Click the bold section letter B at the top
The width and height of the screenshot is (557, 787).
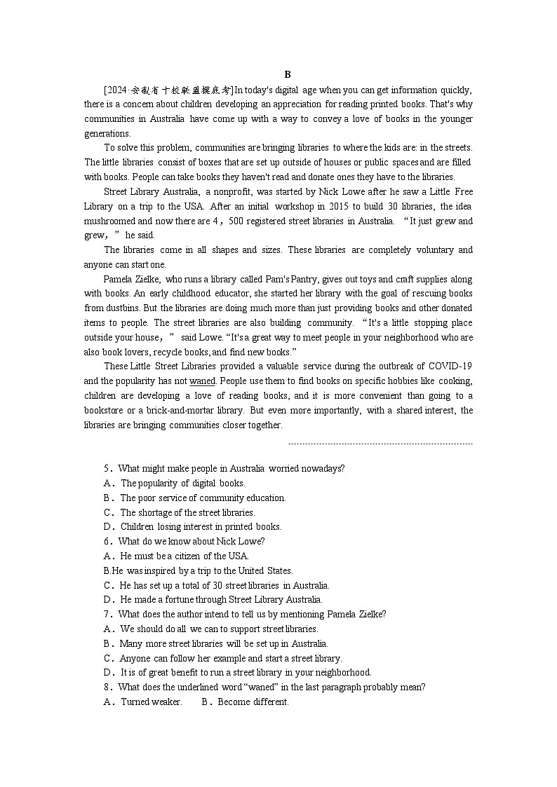tap(288, 74)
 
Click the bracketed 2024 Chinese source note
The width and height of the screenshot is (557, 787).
tap(168, 90)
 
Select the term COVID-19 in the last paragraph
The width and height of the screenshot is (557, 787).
tap(450, 367)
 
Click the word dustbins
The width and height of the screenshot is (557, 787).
tap(123, 308)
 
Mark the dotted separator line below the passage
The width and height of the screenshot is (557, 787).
tap(380, 444)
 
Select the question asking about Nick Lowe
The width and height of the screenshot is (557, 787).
tap(191, 541)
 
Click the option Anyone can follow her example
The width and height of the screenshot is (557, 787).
tap(230, 658)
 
